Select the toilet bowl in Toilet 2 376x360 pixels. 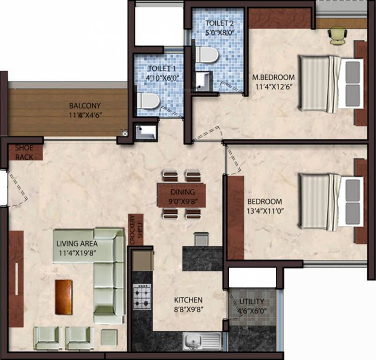coord(207,55)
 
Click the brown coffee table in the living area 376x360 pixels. coord(64,297)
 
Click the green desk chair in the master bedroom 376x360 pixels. coord(338,35)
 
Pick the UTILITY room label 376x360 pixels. coord(252,301)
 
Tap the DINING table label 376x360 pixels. coord(182,191)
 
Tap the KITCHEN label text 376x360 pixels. coord(188,300)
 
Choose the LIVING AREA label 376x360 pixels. coord(77,244)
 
